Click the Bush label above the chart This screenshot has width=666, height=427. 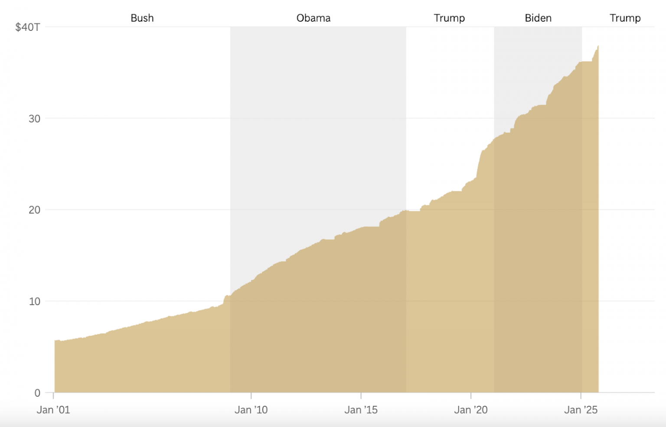click(x=142, y=18)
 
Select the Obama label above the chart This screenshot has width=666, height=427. click(x=313, y=18)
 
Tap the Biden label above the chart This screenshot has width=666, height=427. click(x=538, y=18)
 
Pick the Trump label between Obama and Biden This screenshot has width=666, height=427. click(x=449, y=18)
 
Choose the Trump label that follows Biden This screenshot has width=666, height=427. click(x=625, y=18)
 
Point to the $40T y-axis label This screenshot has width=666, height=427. click(x=27, y=27)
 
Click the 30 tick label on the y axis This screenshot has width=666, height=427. click(x=34, y=119)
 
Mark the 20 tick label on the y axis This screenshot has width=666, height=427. click(x=34, y=210)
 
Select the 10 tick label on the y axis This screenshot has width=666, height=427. click(x=34, y=302)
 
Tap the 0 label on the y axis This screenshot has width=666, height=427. click(x=37, y=393)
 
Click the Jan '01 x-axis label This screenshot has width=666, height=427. click(x=53, y=410)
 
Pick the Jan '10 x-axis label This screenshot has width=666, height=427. click(x=251, y=410)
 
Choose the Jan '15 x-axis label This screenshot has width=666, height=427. click(x=361, y=410)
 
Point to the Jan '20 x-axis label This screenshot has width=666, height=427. click(x=471, y=410)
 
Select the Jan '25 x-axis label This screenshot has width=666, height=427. click(x=581, y=410)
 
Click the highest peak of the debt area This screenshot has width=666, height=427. click(x=598, y=46)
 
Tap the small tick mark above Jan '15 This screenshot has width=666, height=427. click(x=361, y=395)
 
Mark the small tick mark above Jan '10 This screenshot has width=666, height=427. click(x=251, y=395)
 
